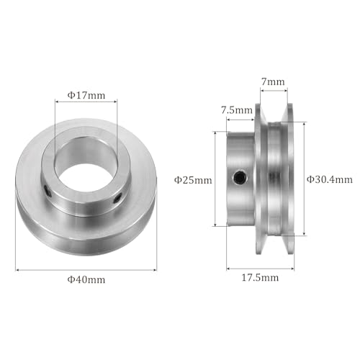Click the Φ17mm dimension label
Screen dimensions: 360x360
point(85,94)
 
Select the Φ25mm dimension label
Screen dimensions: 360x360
point(194,180)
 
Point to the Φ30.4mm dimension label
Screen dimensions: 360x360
point(330,179)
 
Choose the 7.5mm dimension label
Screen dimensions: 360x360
point(237,109)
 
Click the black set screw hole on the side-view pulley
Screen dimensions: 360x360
point(239,178)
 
